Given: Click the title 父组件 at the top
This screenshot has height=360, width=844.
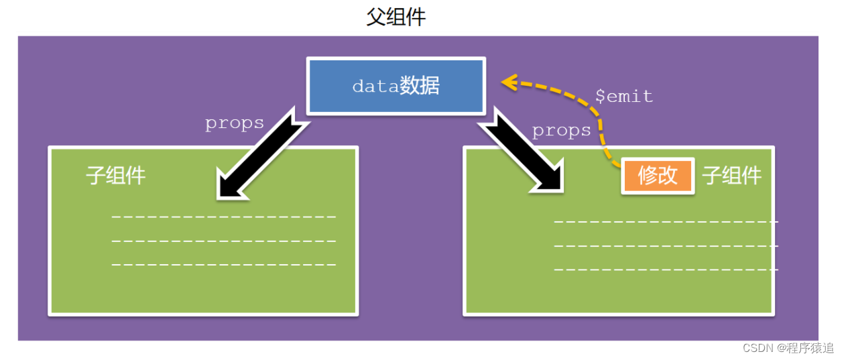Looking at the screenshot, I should [396, 17].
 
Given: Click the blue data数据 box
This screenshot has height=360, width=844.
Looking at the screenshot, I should [396, 86].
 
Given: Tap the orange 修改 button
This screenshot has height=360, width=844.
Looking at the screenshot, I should [658, 176].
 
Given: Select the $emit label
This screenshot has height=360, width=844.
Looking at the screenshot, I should [623, 97].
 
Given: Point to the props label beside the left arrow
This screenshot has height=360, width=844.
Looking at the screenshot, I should [234, 123].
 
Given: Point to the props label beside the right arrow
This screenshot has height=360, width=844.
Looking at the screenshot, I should [562, 131].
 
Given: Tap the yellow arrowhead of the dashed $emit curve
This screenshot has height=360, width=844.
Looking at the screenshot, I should [509, 82].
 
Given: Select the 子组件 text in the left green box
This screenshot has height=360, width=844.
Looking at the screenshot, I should [115, 176].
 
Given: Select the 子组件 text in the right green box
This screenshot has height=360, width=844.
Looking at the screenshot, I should [731, 176].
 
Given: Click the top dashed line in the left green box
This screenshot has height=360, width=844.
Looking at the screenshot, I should [223, 217].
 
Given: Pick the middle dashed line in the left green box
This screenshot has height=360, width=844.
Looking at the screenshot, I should [223, 241].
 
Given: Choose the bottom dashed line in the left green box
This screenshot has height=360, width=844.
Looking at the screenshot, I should [223, 265].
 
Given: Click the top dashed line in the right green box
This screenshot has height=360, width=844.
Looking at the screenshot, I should [666, 221].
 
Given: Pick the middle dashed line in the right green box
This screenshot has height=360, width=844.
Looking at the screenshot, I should [666, 245].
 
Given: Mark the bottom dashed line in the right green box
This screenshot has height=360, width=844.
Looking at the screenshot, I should [666, 269].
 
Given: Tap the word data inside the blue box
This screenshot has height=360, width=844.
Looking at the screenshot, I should [375, 86].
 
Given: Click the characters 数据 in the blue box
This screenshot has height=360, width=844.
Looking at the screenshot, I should [420, 86].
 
